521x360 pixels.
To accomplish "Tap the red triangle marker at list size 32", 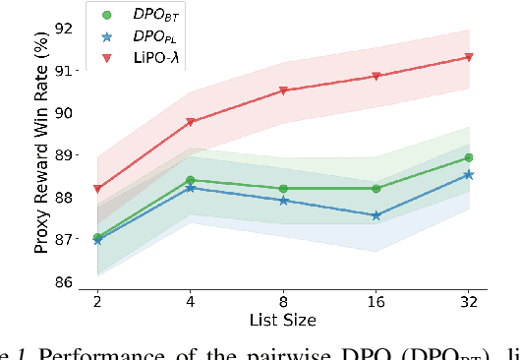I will click(469, 57).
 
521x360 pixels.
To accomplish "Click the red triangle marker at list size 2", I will click(96, 189).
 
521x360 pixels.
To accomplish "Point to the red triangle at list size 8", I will click(283, 90).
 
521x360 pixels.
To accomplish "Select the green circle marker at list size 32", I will click(469, 157).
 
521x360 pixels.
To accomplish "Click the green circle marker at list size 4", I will click(190, 180).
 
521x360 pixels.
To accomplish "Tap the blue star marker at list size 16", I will click(376, 215).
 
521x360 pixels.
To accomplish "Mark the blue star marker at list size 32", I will click(469, 174).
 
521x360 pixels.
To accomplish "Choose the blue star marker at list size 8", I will click(283, 200).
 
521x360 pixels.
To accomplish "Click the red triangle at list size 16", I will click(376, 76).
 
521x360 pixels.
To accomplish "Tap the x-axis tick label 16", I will click(376, 299).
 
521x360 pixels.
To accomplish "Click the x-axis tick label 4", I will click(190, 299).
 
